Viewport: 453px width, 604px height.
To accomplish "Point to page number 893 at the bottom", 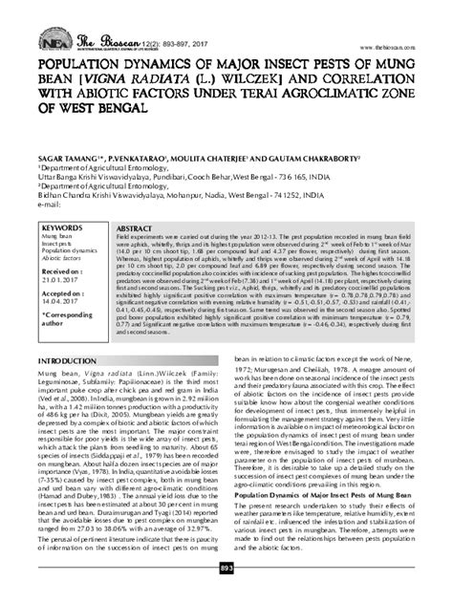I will click(226, 594).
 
